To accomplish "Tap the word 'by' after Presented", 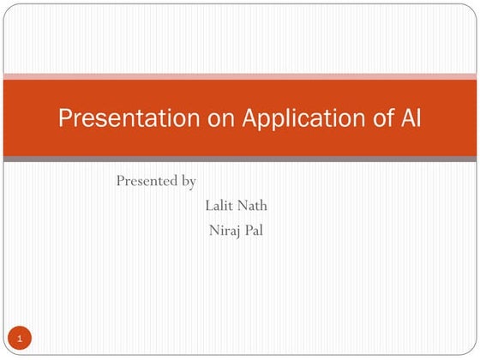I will [189, 182].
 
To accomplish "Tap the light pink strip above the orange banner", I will [240, 75].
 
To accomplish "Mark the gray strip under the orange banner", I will [240, 159].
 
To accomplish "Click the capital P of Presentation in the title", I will [64, 119].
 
